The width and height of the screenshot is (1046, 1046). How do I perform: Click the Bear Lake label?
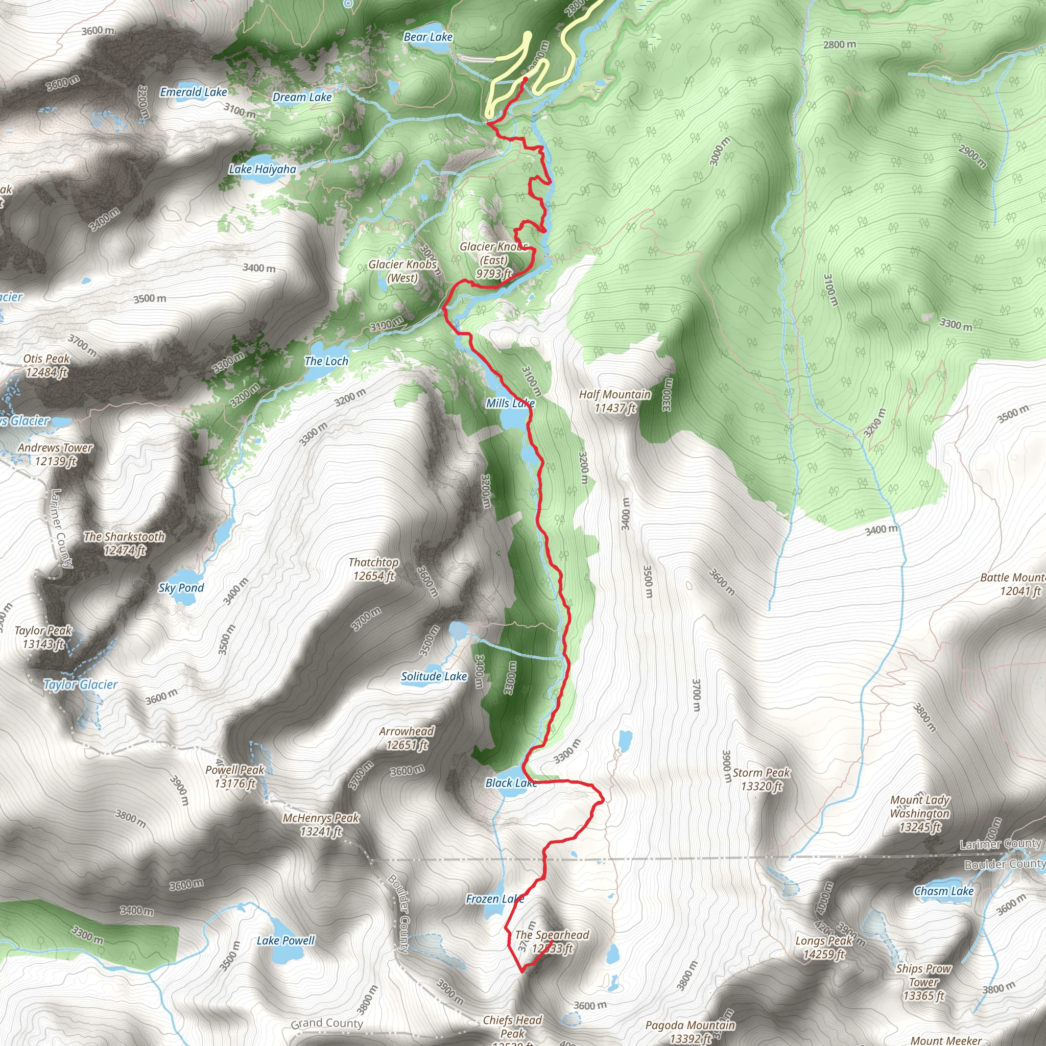click(x=427, y=37)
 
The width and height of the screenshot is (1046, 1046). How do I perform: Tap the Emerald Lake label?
click(x=193, y=92)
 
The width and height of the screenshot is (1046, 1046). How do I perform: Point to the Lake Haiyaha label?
click(x=263, y=170)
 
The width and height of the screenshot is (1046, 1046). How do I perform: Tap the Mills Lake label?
click(x=510, y=403)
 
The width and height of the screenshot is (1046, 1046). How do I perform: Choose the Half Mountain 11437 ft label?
click(x=615, y=401)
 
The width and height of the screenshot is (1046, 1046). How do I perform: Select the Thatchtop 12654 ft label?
click(x=373, y=569)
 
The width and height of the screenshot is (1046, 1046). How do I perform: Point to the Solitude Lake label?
click(x=434, y=676)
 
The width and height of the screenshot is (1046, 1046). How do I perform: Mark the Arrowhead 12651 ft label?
click(x=407, y=738)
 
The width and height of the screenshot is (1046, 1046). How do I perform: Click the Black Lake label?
click(x=511, y=783)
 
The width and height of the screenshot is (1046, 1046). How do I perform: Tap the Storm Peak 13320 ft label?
click(x=761, y=779)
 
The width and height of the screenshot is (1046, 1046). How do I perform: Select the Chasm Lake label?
click(x=944, y=891)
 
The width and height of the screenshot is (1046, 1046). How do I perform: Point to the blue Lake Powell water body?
click(x=281, y=955)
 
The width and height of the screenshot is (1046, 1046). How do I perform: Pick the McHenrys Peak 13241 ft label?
click(x=321, y=824)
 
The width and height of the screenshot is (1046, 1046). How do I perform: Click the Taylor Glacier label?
click(x=80, y=685)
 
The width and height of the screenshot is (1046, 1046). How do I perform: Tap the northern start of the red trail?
click(x=526, y=79)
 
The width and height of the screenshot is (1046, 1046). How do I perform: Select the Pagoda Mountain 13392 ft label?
click(x=691, y=1031)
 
